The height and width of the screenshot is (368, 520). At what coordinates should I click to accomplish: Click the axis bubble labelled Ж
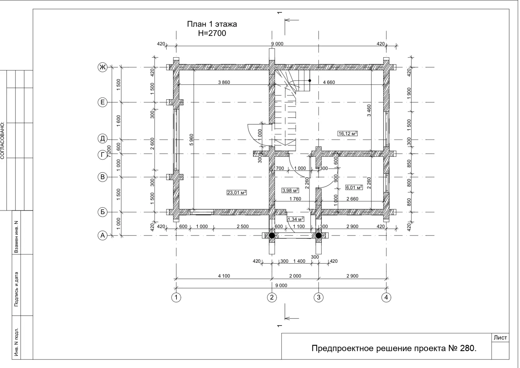pos(102,67)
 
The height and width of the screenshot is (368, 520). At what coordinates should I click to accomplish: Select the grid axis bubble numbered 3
pos(318,297)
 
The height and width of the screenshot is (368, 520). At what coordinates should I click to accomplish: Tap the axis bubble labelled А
pos(102,236)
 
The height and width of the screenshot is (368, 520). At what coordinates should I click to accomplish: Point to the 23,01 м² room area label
pos(236,193)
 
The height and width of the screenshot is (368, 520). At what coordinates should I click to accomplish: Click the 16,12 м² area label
pos(348,133)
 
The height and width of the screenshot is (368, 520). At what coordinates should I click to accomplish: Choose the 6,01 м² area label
pos(354,187)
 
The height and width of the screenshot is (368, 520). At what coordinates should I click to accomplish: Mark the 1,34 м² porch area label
pos(296,219)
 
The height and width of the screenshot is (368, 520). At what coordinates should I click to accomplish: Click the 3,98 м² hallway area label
pos(290,190)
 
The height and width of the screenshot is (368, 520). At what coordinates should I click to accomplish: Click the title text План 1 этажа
pos(212,24)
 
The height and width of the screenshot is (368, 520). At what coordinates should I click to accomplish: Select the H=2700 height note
pos(212,33)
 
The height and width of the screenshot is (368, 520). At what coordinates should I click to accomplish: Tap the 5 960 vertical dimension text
pos(191,140)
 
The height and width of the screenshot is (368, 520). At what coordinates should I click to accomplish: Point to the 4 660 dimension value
pos(329,82)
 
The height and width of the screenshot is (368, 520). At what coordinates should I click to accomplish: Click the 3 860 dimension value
pos(224,82)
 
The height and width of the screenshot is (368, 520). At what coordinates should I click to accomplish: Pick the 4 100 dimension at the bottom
pos(224,276)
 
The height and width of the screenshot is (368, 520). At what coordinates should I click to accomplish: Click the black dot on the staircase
pos(310,80)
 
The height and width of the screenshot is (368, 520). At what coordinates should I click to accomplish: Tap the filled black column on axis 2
pos(272,236)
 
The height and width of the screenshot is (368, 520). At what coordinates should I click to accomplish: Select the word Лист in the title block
pos(500,338)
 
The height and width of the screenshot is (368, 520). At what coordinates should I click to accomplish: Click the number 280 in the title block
pos(467,348)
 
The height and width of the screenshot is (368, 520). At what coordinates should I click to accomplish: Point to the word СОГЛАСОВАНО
pos(2,141)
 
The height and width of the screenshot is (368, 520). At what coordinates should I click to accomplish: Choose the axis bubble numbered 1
pos(176,297)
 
